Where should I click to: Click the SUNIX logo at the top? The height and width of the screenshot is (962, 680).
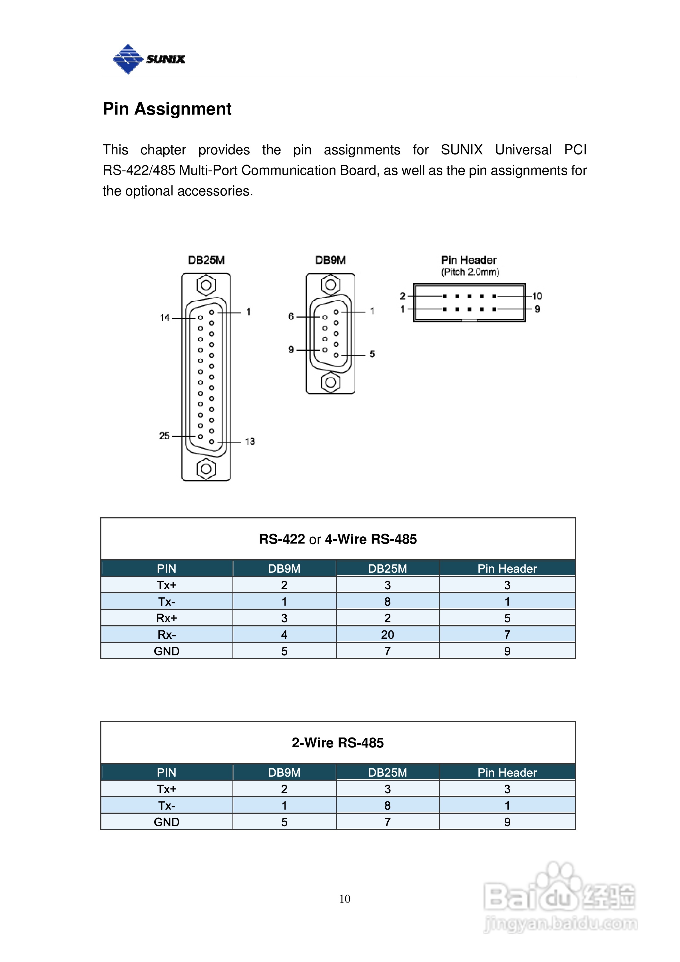149,59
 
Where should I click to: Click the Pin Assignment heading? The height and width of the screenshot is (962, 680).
167,109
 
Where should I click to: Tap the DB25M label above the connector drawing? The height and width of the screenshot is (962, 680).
206,260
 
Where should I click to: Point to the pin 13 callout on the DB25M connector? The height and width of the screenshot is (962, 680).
250,442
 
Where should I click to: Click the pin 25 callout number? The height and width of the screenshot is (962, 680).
164,436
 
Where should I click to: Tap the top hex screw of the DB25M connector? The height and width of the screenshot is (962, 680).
206,285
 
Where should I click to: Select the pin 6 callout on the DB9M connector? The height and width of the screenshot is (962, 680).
291,316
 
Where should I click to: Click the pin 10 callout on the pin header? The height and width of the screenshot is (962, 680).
537,296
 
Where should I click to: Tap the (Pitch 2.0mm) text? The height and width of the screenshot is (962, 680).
470,272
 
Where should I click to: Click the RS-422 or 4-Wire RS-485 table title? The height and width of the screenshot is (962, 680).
338,539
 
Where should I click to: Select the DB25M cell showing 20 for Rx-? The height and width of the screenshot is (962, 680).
388,635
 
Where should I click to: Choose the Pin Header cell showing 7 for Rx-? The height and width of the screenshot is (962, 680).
507,635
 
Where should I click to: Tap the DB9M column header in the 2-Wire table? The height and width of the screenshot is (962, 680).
284,773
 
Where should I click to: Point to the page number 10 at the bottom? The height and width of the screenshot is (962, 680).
345,899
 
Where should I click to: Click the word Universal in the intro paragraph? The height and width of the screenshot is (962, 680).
523,150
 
